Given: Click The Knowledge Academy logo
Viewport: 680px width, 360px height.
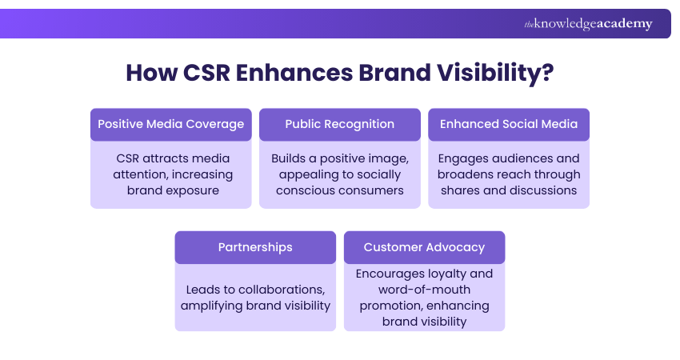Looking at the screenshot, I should (x=588, y=24).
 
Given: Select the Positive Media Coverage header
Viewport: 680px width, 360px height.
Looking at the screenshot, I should (x=170, y=124).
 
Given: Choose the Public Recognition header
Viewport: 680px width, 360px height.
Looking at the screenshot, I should (x=340, y=124).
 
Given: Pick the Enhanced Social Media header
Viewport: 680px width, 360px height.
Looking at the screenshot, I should (x=509, y=124).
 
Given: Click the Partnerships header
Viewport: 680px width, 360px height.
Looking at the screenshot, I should (x=255, y=247).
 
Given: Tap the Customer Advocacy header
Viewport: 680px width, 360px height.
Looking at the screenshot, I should (x=424, y=247).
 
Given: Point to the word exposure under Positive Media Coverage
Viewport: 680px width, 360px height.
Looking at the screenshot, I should (x=190, y=190).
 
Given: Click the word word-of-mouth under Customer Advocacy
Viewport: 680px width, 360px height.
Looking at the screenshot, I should (x=425, y=290).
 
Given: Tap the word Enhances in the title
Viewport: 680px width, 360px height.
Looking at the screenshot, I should (x=294, y=73).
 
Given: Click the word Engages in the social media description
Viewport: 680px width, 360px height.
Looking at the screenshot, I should (x=462, y=158).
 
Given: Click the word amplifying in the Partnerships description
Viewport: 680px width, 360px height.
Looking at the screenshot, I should (x=213, y=306).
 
